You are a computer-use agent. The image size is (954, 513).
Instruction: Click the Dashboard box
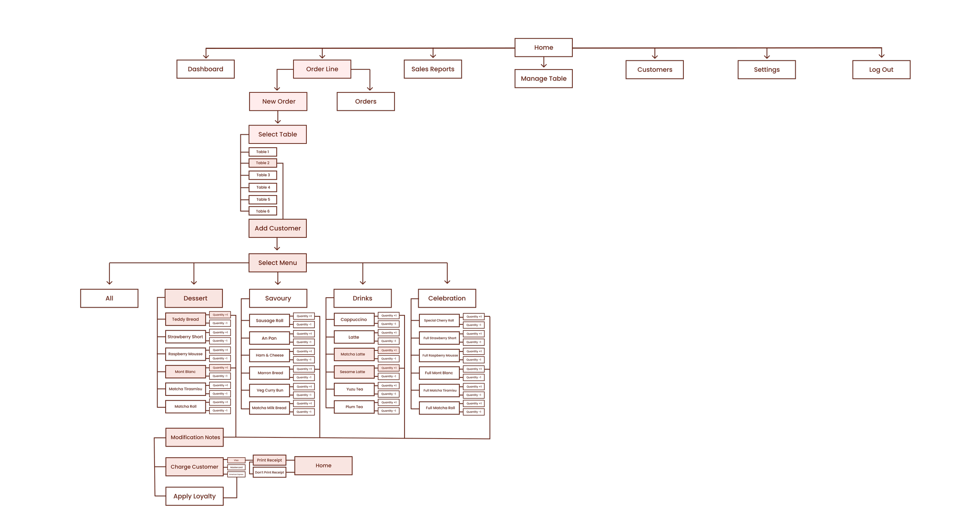[x=205, y=69]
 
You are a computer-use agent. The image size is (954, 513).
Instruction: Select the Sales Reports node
[x=433, y=69]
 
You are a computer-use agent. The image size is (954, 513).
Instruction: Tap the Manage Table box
[x=543, y=79]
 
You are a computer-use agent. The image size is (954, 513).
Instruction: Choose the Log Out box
[x=881, y=69]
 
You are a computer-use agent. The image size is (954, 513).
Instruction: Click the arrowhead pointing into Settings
[x=767, y=57]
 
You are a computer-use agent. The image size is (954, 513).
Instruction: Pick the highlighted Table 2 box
[x=263, y=163]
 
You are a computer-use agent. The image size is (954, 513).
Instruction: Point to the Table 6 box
[x=263, y=211]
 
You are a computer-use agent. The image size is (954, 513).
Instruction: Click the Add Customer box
[x=277, y=228]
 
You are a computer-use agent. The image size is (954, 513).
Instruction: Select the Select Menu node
[x=277, y=263]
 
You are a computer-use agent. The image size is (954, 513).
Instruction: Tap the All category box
[x=109, y=298]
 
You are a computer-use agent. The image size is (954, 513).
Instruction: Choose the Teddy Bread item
[x=185, y=319]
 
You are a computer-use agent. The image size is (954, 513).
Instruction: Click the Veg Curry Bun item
[x=270, y=390]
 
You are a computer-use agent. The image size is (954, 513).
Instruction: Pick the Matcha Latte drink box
[x=353, y=354]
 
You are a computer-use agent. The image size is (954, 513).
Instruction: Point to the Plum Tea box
[x=354, y=407]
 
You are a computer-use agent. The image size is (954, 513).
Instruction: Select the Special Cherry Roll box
[x=439, y=320]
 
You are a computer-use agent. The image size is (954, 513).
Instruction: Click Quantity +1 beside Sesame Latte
[x=388, y=368]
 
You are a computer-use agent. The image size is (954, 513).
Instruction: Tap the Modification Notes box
[x=195, y=437]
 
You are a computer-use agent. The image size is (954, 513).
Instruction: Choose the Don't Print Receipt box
[x=269, y=473]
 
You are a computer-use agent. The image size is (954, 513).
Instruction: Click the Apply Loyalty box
[x=195, y=496]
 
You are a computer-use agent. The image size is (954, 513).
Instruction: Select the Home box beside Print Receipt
[x=323, y=466]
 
